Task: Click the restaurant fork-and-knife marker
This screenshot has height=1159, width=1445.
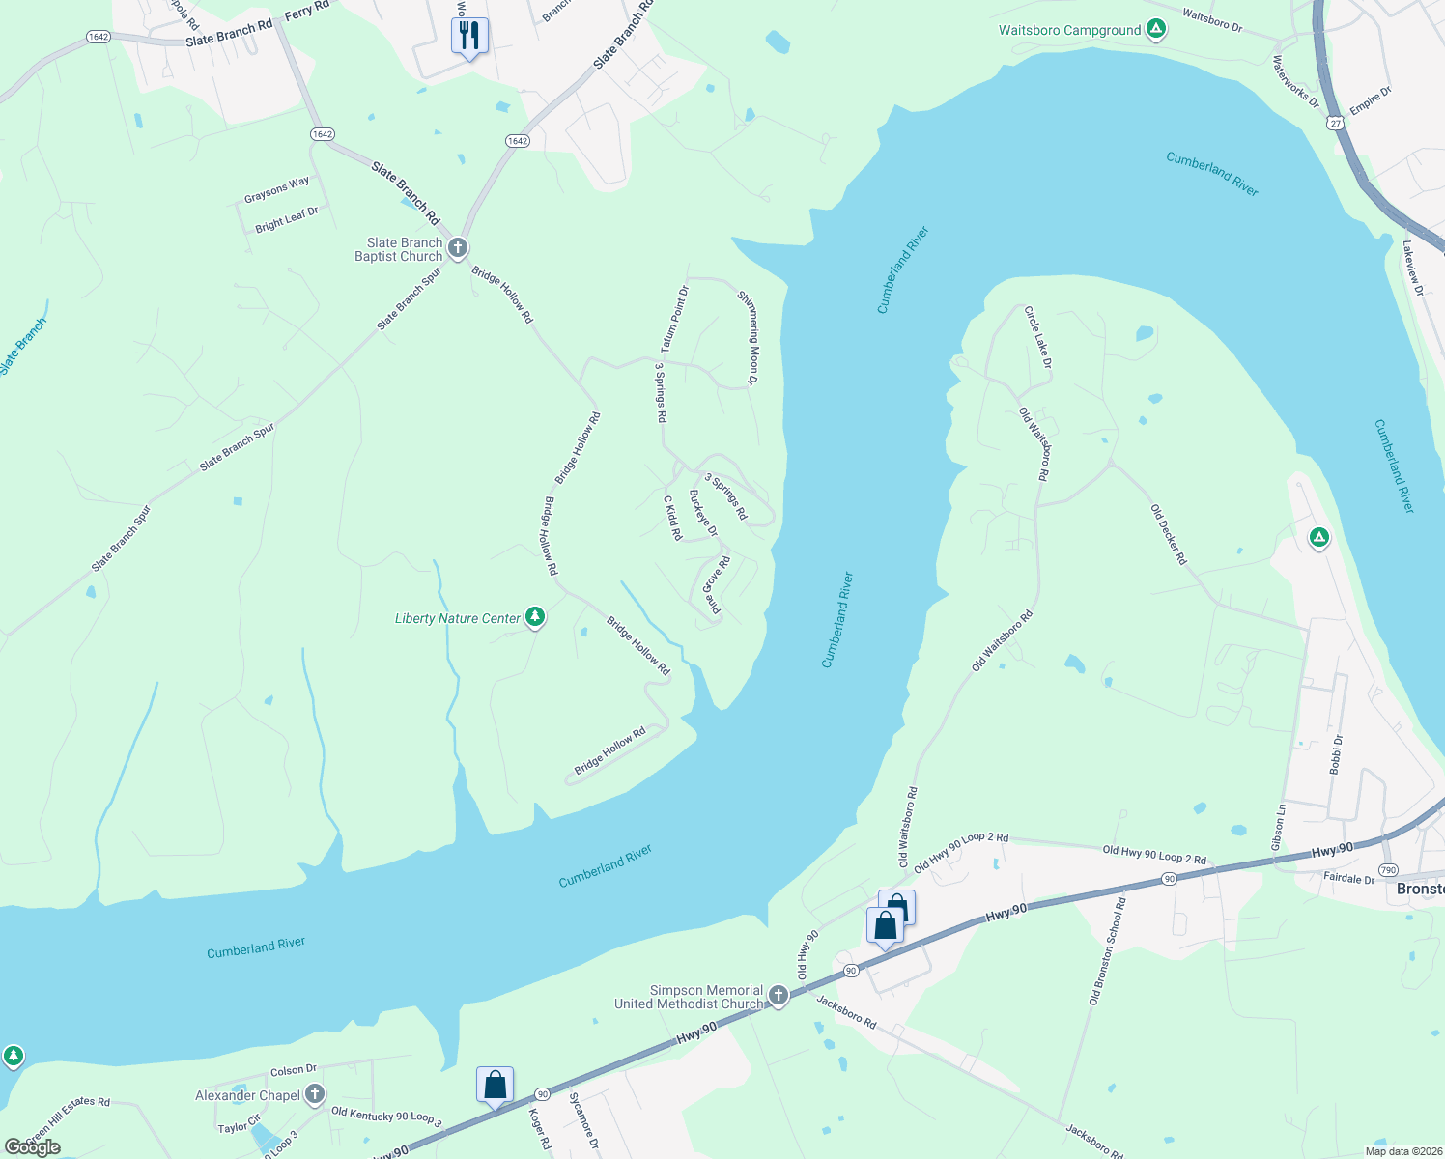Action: pos(469,36)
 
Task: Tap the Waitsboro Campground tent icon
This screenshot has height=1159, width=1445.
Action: pos(1155,30)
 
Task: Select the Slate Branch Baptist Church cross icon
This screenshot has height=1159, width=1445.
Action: pos(457,248)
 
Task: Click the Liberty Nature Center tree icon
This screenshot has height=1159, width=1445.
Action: pos(535,617)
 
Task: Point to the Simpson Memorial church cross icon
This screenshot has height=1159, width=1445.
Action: pos(779,997)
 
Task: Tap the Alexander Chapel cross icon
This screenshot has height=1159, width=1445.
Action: pos(314,1094)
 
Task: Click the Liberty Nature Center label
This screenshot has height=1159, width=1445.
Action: pos(458,618)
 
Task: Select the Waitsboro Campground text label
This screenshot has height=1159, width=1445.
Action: pos(1069,31)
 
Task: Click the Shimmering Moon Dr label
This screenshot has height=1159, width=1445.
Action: pos(749,338)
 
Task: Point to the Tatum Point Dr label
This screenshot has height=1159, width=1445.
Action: pos(674,319)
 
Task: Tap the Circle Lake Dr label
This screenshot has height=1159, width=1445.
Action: pos(1037,337)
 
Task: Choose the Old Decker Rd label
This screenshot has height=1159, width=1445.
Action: pos(1168,534)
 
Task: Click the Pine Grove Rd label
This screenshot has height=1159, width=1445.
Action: pos(716,584)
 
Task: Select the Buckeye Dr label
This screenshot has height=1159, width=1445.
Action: pos(703,513)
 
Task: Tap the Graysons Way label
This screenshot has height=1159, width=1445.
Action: pos(276,189)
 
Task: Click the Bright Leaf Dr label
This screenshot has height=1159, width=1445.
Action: pos(286,219)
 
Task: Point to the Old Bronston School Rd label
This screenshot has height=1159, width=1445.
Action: pos(1107,951)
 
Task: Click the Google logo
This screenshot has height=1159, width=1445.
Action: pos(32,1147)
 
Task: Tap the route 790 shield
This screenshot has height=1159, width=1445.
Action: pos(1388,869)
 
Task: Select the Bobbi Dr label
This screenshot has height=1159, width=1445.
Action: pos(1336,754)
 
